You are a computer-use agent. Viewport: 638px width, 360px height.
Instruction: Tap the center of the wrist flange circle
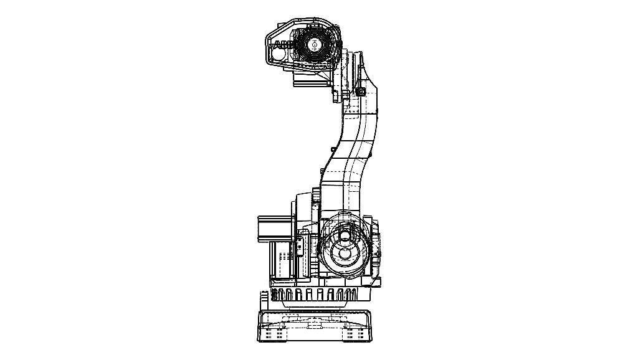coord(315,44)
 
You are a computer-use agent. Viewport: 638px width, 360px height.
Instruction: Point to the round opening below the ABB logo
coord(278,55)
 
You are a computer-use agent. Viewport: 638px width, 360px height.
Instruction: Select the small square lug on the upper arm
coord(361,92)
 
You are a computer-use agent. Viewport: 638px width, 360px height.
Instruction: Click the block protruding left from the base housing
coord(275,227)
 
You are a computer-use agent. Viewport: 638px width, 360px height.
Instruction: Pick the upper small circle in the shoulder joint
coord(344,236)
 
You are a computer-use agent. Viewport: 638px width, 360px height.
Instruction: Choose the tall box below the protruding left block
coord(280,259)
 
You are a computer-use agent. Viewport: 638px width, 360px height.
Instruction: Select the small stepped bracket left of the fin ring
coord(265,297)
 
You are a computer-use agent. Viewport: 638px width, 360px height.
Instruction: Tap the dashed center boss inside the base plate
coord(313,321)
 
